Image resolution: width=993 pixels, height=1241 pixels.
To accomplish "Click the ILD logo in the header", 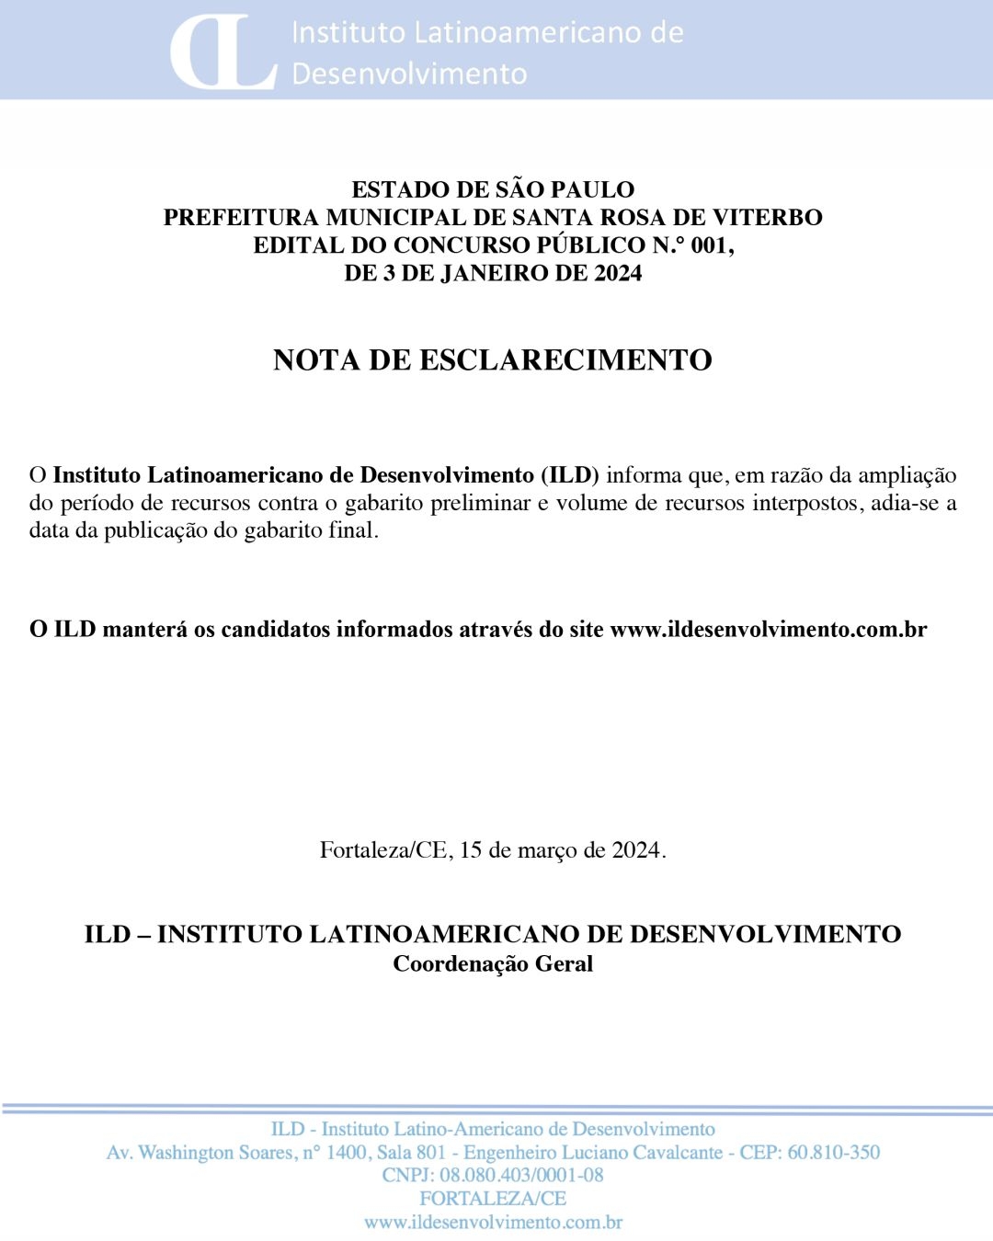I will click(223, 51).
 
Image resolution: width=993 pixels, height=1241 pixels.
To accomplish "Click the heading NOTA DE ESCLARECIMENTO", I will click(493, 359).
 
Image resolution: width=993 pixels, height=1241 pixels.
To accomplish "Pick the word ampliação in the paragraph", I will click(907, 475).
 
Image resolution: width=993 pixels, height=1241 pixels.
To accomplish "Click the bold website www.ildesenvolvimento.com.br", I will click(769, 630).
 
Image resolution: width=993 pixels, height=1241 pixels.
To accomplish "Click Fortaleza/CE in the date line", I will click(385, 850).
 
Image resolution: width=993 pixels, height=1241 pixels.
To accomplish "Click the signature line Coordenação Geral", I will click(493, 964).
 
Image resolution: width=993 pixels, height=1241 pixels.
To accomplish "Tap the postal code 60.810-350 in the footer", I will click(833, 1153).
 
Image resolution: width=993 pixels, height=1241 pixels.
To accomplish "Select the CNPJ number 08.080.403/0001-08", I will click(521, 1176).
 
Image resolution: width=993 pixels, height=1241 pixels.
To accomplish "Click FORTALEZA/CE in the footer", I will click(493, 1199).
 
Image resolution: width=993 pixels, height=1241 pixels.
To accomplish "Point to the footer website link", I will click(493, 1223).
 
